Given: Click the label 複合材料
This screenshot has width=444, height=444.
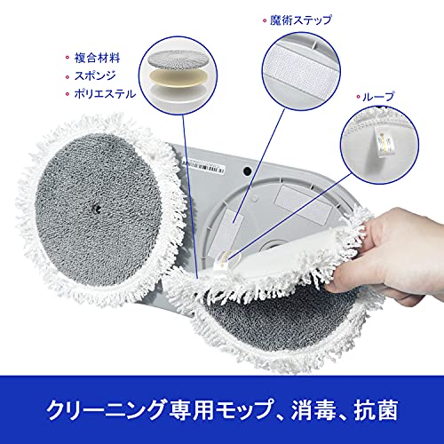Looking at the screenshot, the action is click(97, 58).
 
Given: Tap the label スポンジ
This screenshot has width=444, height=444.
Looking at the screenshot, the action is click(95, 75).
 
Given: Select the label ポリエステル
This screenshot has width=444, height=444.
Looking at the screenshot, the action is click(105, 94).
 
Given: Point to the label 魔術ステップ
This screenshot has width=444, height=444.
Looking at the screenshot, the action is click(301, 20).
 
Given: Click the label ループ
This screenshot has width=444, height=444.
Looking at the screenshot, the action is click(378, 97).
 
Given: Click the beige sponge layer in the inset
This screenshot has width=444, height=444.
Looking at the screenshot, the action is click(177, 78).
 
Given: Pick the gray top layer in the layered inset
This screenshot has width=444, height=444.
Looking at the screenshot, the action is click(177, 59).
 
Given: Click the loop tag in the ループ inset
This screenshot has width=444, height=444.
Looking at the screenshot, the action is click(385, 142).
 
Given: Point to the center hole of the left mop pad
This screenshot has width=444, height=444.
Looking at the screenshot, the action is click(96, 208).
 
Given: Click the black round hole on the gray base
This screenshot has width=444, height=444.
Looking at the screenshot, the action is click(247, 170).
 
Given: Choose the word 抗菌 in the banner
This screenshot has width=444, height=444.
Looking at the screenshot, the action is click(376, 410).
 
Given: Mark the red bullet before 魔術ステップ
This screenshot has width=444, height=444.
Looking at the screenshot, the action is click(265, 20).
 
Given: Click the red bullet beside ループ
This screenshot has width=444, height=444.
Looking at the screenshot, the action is click(358, 97).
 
